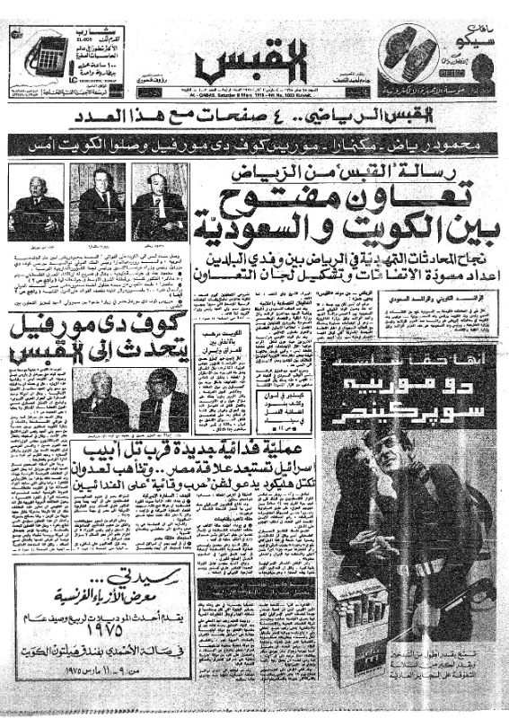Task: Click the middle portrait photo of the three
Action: coord(97,205)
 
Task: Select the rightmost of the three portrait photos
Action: coord(159,205)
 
